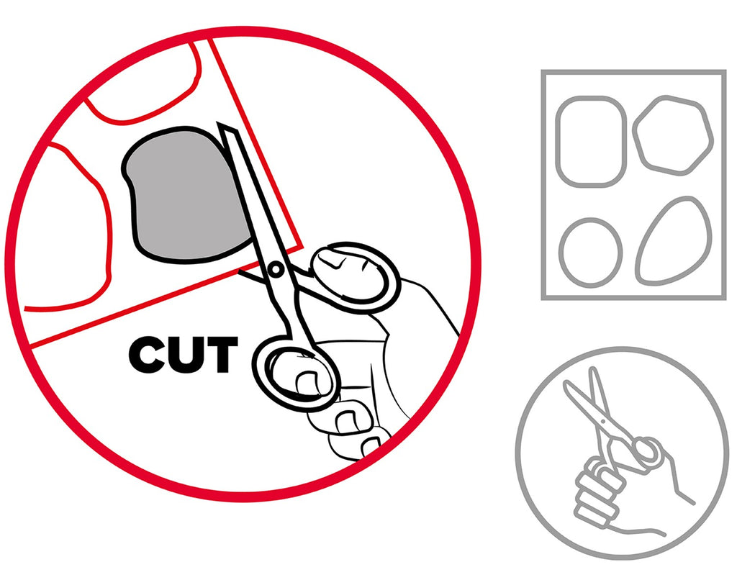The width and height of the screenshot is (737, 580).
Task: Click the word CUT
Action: pyautogui.click(x=183, y=354)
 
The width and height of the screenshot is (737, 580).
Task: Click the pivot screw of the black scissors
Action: pyautogui.click(x=276, y=269)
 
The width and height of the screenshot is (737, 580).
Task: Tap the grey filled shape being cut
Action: pyautogui.click(x=188, y=194)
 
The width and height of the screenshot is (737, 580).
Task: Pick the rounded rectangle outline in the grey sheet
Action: pyautogui.click(x=592, y=142)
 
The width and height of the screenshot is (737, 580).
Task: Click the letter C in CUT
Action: pyautogui.click(x=147, y=354)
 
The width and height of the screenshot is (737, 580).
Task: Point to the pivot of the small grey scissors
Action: pyautogui.click(x=602, y=421)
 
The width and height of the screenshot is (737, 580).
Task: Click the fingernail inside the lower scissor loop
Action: pyautogui.click(x=308, y=383)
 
